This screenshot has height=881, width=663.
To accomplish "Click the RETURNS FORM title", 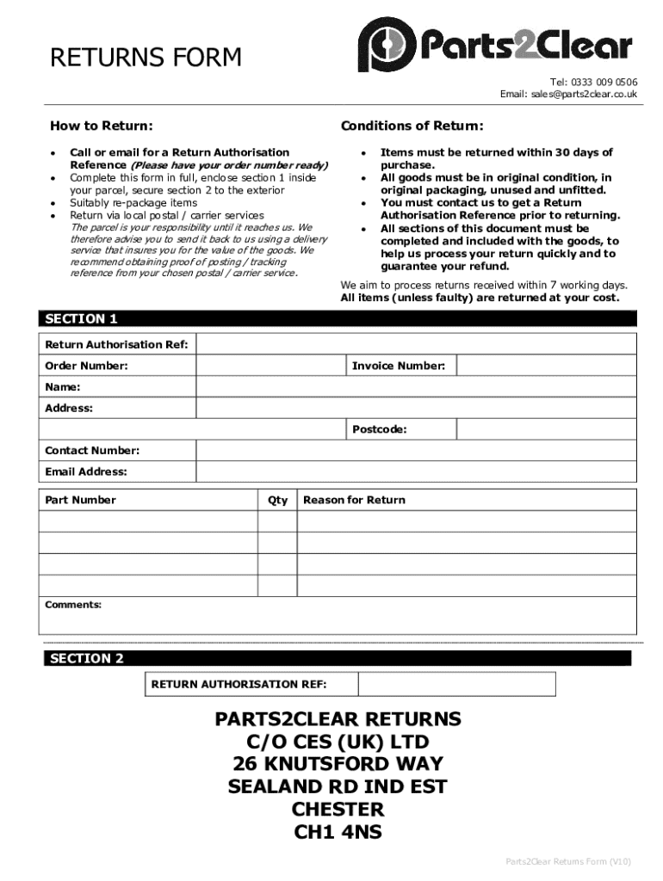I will (x=146, y=58).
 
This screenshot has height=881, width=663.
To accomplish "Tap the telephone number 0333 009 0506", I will (x=604, y=83).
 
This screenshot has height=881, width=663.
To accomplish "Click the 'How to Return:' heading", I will (x=102, y=126).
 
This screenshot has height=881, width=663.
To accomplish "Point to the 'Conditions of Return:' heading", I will (x=412, y=126).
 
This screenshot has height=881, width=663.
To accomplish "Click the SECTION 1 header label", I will (x=81, y=318).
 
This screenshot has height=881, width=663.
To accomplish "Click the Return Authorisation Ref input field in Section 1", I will (x=417, y=344).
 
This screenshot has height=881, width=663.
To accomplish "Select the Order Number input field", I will (x=270, y=366).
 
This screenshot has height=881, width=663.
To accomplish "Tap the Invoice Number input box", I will (x=546, y=366).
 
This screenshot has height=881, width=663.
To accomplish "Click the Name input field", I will (x=417, y=387).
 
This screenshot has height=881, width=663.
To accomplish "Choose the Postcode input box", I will (x=546, y=429).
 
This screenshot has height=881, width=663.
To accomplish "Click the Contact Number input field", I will (x=417, y=451).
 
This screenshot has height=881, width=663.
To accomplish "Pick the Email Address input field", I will (x=417, y=471).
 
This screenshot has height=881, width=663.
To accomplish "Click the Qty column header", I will (x=277, y=500).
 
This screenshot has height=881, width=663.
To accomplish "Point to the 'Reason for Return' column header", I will (x=354, y=500).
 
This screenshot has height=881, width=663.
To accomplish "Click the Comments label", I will (x=73, y=605).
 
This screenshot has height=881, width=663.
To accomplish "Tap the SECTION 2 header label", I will (x=86, y=658).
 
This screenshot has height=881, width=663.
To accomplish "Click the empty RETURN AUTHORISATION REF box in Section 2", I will (x=456, y=685).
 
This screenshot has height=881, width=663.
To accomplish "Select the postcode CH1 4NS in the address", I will (x=338, y=832).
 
